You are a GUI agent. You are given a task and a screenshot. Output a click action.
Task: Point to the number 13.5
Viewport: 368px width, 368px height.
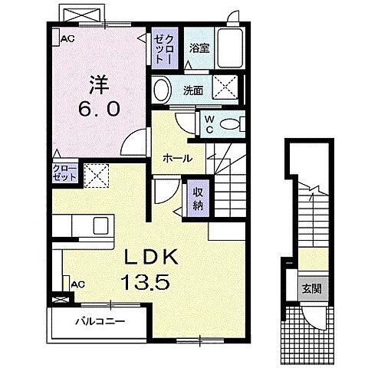click(x=146, y=282)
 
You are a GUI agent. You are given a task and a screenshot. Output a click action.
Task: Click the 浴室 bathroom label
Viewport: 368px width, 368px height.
click(x=199, y=47)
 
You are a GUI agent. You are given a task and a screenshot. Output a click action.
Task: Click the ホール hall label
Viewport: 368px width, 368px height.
click(x=177, y=158)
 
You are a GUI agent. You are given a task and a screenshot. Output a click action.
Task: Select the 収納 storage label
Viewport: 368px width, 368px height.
click(x=198, y=197)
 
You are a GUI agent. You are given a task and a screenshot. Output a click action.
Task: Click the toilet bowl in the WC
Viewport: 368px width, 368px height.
click(x=228, y=123)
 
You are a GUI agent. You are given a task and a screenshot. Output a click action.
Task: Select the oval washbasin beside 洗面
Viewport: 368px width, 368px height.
click(x=162, y=90)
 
